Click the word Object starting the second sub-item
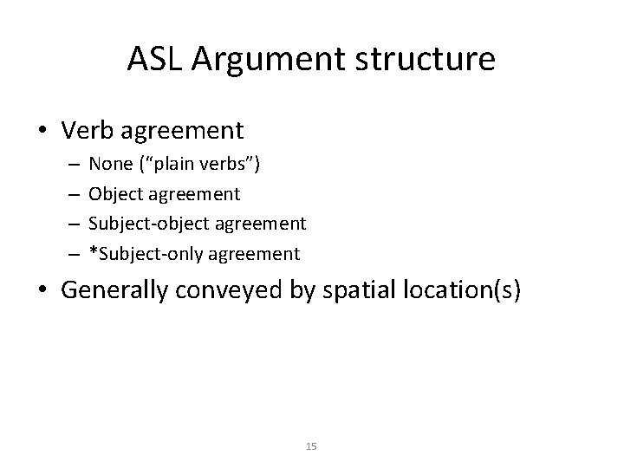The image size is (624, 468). coord(116,196)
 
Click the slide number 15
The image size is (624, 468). coord(312,445)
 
